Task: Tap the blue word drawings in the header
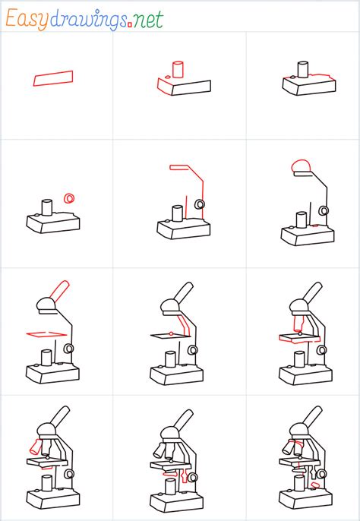coord(87,21)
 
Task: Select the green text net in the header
coord(148,21)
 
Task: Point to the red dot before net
coord(130,25)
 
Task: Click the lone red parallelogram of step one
coord(53,77)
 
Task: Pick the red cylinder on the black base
coord(179,69)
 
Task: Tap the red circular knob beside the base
coord(69,198)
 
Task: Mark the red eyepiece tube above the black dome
coord(59,289)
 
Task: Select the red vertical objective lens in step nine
coord(299,327)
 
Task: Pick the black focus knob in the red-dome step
coord(324,210)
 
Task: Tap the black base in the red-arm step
coord(182,229)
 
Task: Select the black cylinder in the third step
coord(302,70)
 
